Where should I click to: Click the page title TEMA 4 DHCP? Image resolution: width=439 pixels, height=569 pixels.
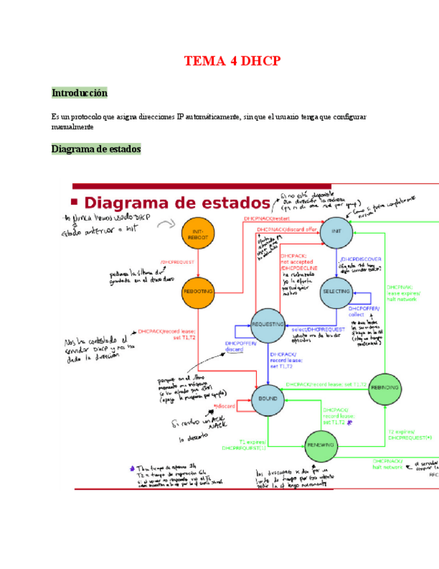(x=232, y=62)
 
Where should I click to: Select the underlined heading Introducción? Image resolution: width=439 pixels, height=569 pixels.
(x=79, y=93)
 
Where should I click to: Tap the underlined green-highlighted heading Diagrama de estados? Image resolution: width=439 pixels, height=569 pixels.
(x=96, y=149)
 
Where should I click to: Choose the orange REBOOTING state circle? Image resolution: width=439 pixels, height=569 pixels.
(x=198, y=291)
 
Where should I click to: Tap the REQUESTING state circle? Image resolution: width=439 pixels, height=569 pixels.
(x=268, y=325)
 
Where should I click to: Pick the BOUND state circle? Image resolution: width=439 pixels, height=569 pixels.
(x=268, y=399)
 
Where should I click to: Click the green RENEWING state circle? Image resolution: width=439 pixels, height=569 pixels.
(x=320, y=446)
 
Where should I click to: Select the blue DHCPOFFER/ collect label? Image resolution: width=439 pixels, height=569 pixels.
(x=364, y=311)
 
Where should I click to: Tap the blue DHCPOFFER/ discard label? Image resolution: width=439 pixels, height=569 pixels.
(x=238, y=346)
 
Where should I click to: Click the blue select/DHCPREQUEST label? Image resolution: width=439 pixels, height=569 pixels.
(x=318, y=329)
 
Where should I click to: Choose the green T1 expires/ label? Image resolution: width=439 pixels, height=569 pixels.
(x=253, y=443)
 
